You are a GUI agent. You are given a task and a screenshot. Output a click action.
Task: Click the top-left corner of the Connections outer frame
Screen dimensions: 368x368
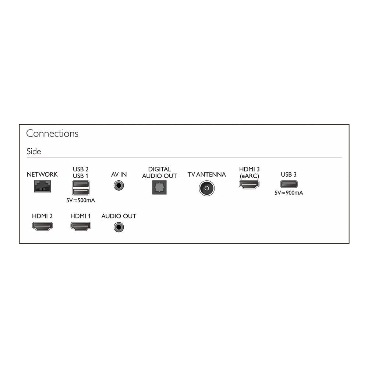tap(19, 124)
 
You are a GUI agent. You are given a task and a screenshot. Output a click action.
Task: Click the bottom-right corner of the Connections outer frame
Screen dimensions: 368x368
tap(349, 243)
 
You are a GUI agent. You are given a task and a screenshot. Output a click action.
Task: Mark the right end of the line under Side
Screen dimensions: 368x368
tap(342, 157)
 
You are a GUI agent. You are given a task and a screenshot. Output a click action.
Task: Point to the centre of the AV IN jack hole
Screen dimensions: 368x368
tap(119, 185)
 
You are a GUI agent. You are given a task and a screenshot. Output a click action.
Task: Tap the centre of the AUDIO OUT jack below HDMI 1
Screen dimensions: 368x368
tap(119, 227)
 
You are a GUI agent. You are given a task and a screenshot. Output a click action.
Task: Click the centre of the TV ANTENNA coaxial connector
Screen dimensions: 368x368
tap(206, 188)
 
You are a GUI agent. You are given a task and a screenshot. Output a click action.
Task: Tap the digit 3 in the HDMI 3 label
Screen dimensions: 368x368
tap(258, 169)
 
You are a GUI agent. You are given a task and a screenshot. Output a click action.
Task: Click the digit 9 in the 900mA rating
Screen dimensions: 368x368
tap(288, 193)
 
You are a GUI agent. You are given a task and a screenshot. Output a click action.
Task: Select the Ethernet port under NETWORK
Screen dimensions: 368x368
tap(42, 186)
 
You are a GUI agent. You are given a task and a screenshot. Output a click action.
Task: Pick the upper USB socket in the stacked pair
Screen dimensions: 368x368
tap(81, 184)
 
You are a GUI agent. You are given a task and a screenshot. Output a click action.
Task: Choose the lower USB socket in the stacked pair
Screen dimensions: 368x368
tap(81, 191)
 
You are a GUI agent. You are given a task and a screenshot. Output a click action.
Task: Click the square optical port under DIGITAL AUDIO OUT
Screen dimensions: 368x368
tap(159, 187)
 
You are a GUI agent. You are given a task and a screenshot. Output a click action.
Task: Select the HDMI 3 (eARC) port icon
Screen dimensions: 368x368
tap(249, 184)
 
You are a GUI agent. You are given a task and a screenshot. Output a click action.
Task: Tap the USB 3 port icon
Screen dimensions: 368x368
tap(289, 184)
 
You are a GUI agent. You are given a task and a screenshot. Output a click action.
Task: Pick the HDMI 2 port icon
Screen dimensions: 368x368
tap(42, 226)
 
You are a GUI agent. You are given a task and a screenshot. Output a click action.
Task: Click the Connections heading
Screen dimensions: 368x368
tap(52, 133)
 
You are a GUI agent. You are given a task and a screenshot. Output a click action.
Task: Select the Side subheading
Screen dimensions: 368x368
tap(33, 151)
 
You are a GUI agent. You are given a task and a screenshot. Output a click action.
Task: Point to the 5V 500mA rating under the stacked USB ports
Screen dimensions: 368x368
tap(81, 201)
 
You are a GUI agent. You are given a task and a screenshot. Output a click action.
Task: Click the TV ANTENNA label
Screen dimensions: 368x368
tap(206, 174)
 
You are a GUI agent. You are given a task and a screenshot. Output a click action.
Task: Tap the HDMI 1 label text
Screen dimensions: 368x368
tap(81, 216)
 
